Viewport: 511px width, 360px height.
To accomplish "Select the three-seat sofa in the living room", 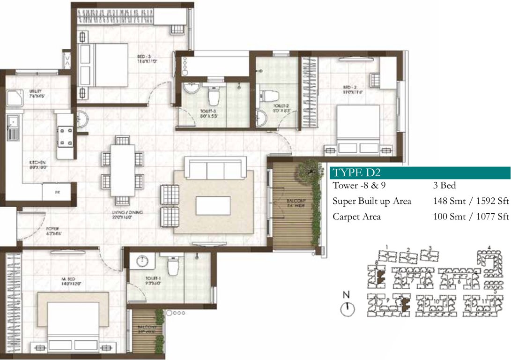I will point(216,167).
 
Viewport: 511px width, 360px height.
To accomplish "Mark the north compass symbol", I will point(347,307).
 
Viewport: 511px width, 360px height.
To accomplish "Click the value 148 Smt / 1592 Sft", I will point(471,201).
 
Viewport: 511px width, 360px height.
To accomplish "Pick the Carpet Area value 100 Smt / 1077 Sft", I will point(471,217).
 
